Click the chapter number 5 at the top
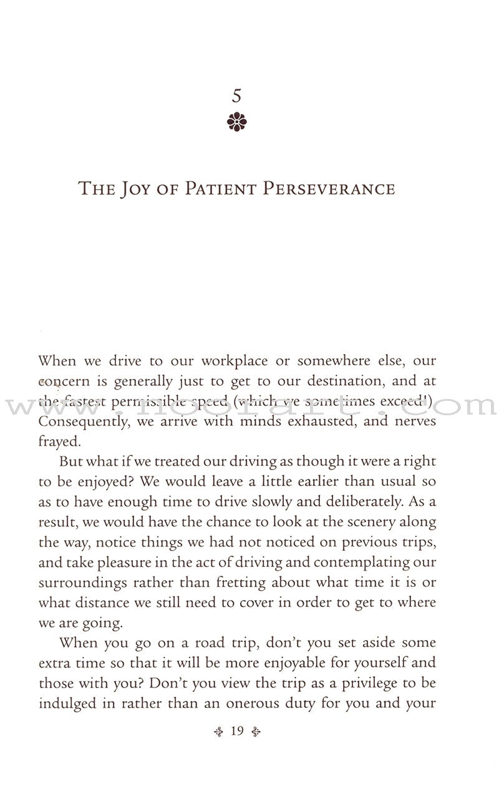pos(235,97)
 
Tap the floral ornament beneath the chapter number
pos(235,122)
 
